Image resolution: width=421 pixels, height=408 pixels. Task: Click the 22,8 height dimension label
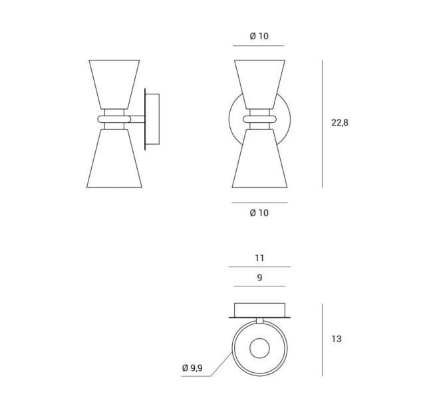(340, 122)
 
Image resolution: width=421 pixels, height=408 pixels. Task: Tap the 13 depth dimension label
(337, 339)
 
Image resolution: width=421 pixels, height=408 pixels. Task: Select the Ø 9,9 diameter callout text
(192, 368)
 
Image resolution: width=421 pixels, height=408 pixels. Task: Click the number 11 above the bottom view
(259, 258)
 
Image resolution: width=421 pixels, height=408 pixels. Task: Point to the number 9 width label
(259, 277)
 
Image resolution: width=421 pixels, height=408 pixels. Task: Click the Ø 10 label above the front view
(259, 36)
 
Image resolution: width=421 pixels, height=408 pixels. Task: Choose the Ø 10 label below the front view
(259, 213)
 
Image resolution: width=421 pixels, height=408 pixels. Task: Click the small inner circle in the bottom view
(259, 348)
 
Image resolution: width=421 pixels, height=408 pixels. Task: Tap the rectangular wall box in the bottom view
(259, 310)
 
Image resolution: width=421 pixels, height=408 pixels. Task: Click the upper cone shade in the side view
(114, 84)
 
